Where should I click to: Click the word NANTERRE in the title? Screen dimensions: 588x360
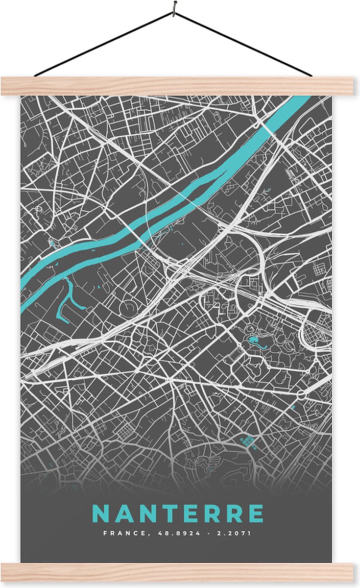[178, 514]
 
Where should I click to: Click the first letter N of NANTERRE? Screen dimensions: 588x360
[101, 514]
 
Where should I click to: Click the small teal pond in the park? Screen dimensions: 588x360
[255, 341]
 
